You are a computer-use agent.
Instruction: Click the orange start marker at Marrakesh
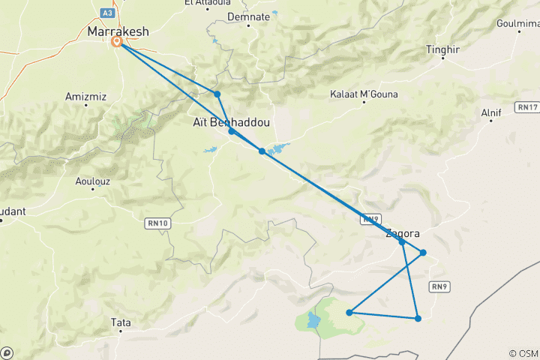117,42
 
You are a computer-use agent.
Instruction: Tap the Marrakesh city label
118,31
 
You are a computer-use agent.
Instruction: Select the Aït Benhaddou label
231,121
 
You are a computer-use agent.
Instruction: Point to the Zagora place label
402,233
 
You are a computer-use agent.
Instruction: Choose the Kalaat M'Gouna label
364,94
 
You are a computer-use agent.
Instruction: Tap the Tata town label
121,322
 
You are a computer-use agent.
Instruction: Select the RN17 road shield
527,107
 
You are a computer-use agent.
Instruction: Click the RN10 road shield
155,223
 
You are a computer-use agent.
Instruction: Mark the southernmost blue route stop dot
418,319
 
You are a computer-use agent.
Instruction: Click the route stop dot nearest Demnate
217,94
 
